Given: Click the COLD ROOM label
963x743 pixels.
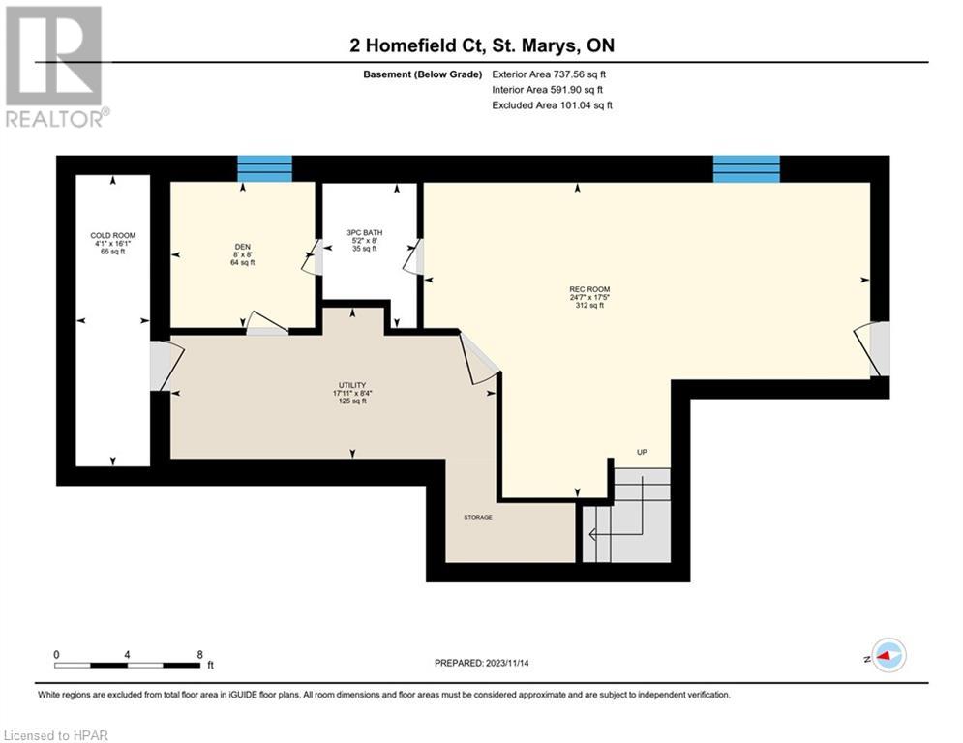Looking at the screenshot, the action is coord(113,235).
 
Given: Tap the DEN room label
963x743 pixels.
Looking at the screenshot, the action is coord(243,247).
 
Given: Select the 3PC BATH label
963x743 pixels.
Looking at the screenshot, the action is coord(365,233).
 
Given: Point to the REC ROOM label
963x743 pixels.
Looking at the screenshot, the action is coord(589,289).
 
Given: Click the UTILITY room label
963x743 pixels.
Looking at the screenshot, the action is coord(352,385).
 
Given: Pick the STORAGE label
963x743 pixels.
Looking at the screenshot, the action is coord(478,517).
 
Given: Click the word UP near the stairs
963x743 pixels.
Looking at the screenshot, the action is coord(642,452).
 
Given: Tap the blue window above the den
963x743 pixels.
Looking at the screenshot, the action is coord(264,169).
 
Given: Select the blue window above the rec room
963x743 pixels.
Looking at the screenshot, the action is coord(746,169).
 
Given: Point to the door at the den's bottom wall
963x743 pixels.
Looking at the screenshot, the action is coord(266,323).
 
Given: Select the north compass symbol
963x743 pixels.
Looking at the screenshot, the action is coord(887,656).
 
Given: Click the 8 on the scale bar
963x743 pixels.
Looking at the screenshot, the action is coord(199,655).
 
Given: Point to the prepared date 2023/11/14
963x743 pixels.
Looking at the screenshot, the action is coord(507,663).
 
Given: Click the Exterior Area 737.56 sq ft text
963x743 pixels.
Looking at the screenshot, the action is coord(549,74).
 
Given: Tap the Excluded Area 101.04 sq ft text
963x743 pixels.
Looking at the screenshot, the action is coord(552,105).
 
